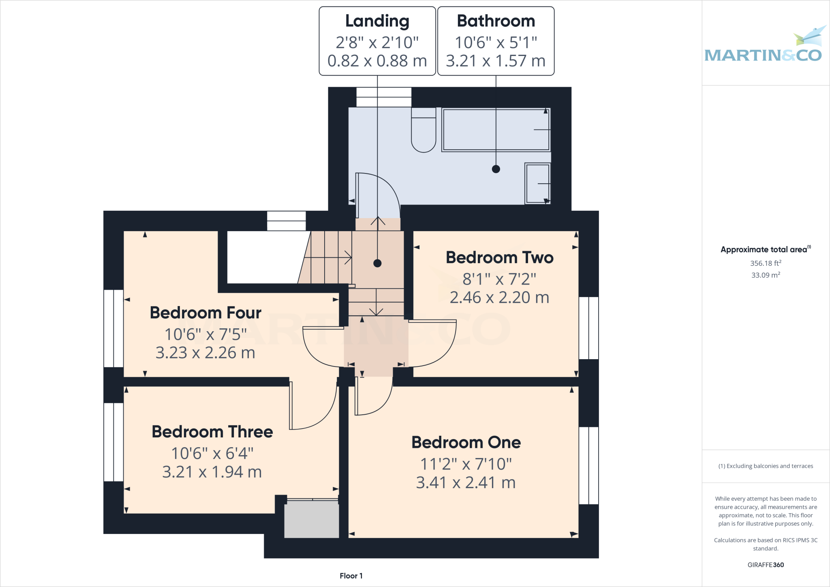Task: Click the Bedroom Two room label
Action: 499,258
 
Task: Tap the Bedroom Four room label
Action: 205,313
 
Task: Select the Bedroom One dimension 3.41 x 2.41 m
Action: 466,483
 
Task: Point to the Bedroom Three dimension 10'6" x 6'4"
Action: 212,454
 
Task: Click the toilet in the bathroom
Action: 424,131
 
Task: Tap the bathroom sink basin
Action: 537,184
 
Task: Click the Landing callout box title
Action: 377,21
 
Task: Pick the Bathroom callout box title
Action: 496,21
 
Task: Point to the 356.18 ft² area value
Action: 765,263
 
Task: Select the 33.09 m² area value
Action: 765,275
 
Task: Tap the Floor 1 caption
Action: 351,576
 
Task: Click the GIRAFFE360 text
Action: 765,565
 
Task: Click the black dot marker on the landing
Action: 377,264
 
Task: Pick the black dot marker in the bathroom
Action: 496,169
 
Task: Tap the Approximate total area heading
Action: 765,250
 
